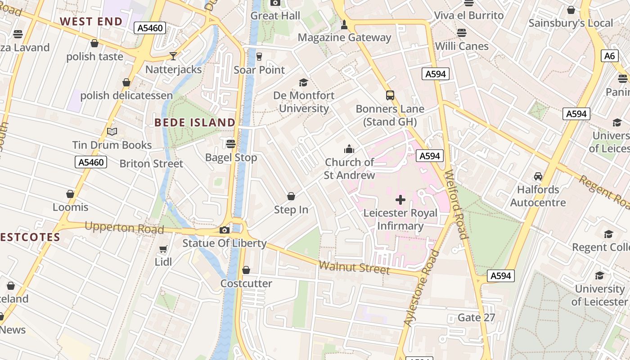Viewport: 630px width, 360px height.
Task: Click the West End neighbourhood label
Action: tap(91, 22)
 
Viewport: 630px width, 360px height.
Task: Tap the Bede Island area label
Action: tap(195, 122)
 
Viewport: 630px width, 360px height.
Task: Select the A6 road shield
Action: tap(609, 56)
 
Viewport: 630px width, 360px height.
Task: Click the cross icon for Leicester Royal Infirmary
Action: tap(400, 200)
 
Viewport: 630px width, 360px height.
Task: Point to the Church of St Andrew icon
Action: tap(349, 149)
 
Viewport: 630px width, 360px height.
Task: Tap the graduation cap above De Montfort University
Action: tap(304, 82)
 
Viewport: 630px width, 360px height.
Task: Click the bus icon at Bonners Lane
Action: tap(390, 95)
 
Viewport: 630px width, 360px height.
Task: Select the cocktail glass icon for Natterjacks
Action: tap(173, 56)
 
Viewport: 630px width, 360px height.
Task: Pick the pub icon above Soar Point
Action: tap(259, 57)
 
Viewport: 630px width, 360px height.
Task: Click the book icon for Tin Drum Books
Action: tap(112, 132)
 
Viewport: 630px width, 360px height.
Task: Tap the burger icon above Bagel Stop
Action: tap(231, 144)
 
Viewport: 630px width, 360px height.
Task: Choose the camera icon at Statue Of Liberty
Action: tap(224, 230)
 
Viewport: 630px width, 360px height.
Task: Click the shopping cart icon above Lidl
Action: tap(163, 249)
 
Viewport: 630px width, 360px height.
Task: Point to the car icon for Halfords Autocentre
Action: tap(538, 176)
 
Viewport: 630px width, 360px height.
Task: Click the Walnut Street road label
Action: tap(354, 267)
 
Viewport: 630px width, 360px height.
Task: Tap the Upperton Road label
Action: tap(124, 228)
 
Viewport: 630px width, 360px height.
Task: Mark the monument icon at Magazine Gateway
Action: tap(344, 25)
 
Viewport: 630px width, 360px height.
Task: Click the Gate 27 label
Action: tap(476, 318)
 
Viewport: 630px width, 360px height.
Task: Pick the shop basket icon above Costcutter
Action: tap(246, 270)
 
